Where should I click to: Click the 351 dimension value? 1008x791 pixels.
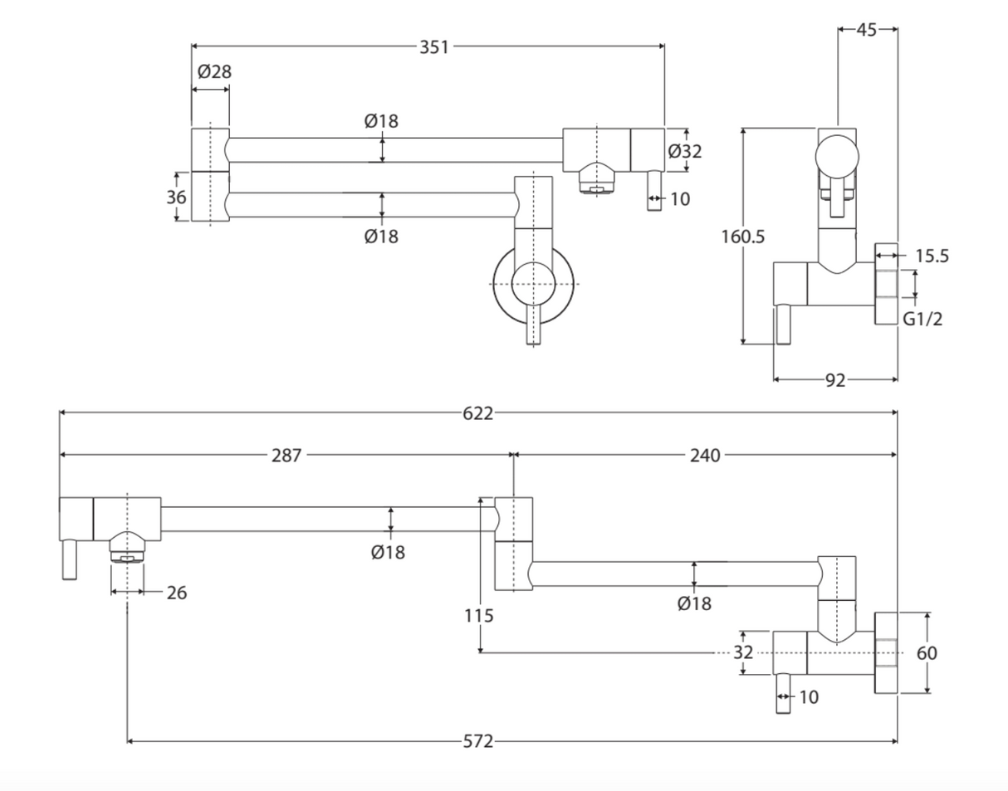tap(433, 47)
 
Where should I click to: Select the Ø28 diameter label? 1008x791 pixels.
tap(214, 72)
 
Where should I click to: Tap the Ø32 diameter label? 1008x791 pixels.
tap(685, 151)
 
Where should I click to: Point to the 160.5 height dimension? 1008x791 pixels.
tap(742, 237)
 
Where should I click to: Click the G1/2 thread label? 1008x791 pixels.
tap(923, 318)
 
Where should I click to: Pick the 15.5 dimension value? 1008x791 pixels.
tap(932, 256)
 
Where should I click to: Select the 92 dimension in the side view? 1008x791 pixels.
tap(835, 380)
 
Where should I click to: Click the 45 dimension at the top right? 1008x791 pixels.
tap(867, 30)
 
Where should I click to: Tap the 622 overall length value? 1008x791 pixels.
tap(477, 413)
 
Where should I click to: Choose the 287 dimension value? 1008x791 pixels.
tap(287, 455)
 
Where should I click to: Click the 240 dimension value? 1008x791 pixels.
tap(705, 455)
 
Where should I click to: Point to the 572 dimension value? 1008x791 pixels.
tap(477, 741)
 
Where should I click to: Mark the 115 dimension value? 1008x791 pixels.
tap(479, 616)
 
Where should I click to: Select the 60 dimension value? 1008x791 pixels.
tap(927, 653)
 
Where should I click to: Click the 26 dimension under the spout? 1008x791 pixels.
tap(176, 593)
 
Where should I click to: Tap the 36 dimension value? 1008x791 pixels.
tap(176, 198)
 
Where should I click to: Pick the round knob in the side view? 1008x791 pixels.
tap(837, 155)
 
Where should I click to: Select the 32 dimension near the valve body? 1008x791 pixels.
tap(743, 653)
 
